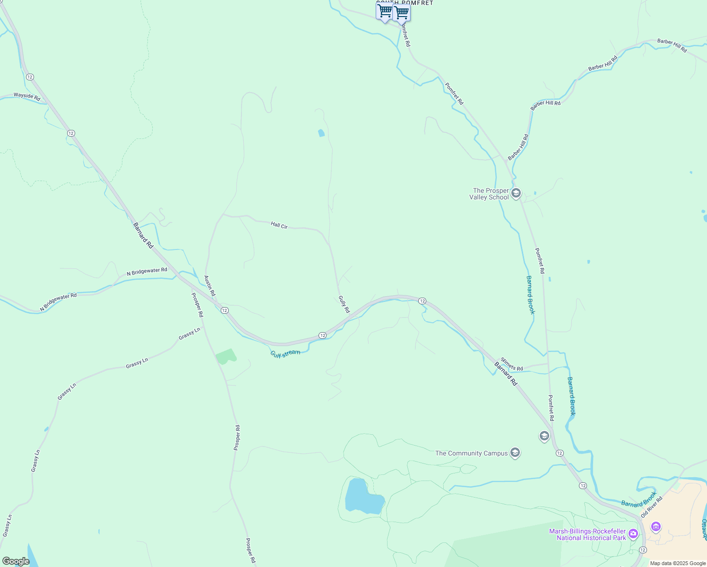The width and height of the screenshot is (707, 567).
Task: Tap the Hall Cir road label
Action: coord(279,225)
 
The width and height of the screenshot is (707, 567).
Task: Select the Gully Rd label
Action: coord(344,304)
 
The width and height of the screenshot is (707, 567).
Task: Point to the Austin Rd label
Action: coord(209,286)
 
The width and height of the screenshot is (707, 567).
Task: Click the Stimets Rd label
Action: coord(512,365)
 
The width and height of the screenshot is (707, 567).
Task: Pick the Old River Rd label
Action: coord(652,507)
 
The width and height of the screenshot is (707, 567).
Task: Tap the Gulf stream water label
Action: coord(285,353)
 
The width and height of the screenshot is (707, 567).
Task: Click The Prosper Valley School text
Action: coord(490,194)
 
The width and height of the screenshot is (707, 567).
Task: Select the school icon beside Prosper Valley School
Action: coord(516,193)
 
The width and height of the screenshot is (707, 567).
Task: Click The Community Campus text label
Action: coord(471,453)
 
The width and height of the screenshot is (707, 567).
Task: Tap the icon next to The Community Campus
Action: coord(515,453)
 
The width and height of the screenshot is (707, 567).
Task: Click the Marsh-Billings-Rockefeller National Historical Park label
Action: coord(587,534)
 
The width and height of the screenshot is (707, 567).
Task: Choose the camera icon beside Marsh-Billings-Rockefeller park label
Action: coord(633,534)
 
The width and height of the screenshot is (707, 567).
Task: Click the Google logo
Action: coord(16,561)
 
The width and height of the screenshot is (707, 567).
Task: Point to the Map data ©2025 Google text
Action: coord(678,563)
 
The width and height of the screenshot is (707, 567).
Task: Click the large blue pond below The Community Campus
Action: coord(362,497)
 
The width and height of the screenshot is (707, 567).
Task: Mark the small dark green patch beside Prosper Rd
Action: coord(226,357)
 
